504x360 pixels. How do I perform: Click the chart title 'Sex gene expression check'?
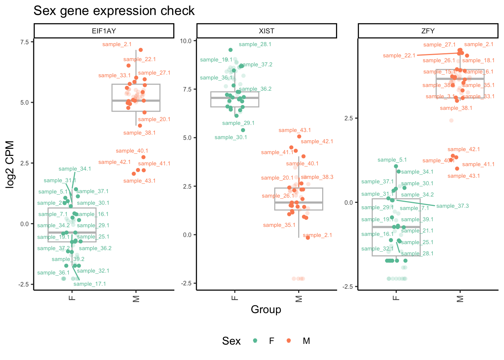pos(114,11)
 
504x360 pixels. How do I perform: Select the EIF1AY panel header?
pos(104,31)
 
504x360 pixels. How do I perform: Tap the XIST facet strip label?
pos(267,31)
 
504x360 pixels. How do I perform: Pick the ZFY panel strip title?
pos(428,31)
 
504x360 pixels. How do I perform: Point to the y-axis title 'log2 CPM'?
pos(10,164)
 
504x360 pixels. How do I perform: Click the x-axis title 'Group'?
pos(266,309)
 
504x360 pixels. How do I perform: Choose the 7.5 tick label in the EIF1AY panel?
pos(24,42)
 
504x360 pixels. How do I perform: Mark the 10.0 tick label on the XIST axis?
pos(186,41)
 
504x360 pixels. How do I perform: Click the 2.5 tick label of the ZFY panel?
pos(348,118)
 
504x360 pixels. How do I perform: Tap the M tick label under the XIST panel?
pos(299,298)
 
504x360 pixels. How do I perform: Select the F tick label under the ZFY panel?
pos(396,298)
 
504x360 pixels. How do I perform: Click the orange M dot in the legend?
pos(288,340)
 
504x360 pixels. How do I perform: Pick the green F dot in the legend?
pos(255,340)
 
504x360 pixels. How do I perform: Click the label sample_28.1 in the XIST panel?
pos(255,44)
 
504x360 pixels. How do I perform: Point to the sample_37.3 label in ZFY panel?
pos(453,206)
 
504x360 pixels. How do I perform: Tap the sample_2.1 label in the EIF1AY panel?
pos(117,44)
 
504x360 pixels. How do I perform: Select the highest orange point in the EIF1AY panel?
pos(141,50)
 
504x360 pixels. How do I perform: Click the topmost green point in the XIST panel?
pos(231,50)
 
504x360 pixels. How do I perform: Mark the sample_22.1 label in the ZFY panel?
pos(399,55)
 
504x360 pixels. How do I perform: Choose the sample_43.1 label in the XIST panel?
pos(295,130)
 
